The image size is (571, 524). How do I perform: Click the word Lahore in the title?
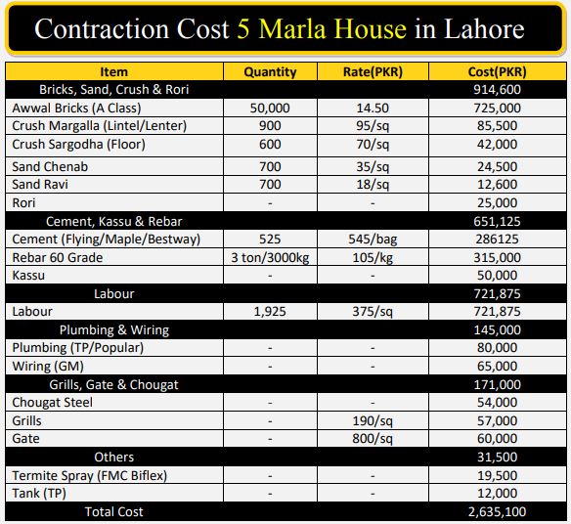(484, 28)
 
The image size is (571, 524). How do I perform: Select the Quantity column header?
(270, 71)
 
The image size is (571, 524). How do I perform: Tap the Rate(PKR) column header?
(373, 71)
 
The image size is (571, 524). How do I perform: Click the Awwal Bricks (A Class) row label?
(76, 108)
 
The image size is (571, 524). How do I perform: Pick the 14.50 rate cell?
(373, 108)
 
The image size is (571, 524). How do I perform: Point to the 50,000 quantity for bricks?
(270, 108)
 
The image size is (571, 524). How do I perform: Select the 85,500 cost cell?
(497, 126)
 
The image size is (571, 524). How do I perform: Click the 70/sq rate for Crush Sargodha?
(373, 145)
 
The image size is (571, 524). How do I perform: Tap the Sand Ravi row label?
(40, 184)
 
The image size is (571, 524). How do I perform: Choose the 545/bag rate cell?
(373, 240)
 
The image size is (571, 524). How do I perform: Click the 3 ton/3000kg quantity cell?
(270, 258)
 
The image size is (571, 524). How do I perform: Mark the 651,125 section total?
(497, 221)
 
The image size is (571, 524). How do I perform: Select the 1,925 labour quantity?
(270, 312)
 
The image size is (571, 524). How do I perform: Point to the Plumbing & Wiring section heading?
(114, 329)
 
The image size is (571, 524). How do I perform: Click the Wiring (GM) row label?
(48, 366)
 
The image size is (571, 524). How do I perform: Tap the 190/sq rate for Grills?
(373, 421)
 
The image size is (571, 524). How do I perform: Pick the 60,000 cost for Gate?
(497, 438)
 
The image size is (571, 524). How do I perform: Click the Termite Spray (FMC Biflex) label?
(90, 475)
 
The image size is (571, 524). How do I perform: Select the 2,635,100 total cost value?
(497, 512)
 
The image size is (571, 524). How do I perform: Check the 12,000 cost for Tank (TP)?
(497, 494)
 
